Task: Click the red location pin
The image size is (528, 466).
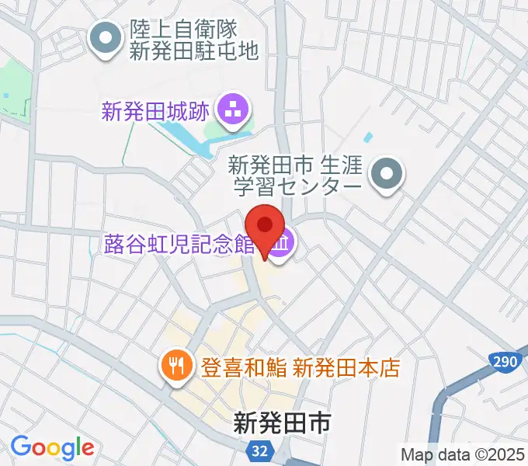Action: [x=265, y=226]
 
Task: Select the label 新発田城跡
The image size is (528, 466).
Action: [x=155, y=112]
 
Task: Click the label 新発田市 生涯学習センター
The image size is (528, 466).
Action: [x=295, y=176]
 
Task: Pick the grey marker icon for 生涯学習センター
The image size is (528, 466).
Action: [x=387, y=176]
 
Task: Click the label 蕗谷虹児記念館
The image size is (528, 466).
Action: [x=179, y=245]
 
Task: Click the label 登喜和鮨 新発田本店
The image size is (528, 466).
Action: [x=300, y=367]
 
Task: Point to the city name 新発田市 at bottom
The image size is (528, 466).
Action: [x=283, y=423]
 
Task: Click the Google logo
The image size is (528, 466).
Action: [x=52, y=447]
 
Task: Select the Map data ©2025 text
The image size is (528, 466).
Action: [x=462, y=454]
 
